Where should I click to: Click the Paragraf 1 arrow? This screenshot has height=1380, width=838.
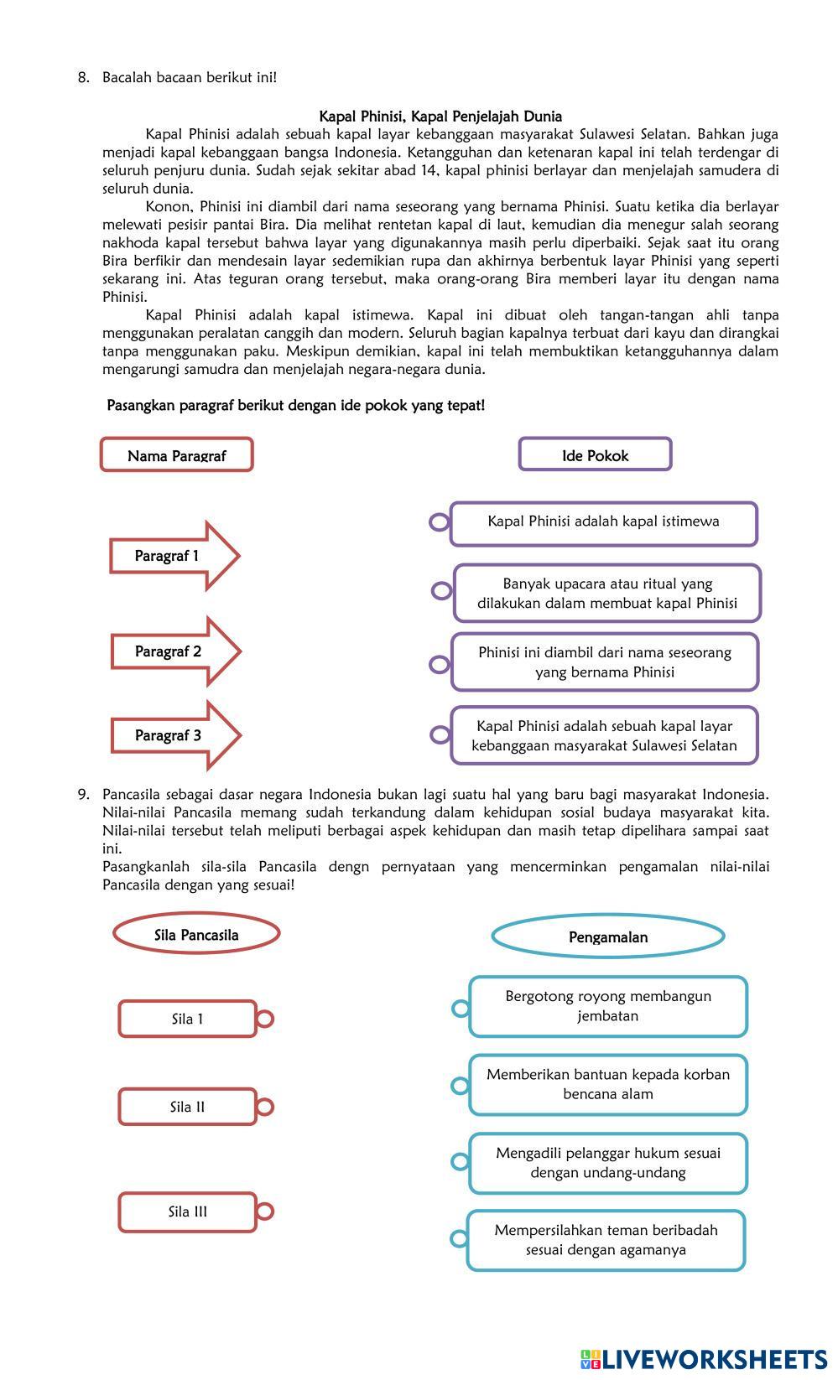pos(174,556)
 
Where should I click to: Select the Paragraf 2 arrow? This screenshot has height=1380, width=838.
pos(174,651)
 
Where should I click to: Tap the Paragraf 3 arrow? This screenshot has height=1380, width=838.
pos(174,735)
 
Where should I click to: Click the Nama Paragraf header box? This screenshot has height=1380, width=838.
pos(177,455)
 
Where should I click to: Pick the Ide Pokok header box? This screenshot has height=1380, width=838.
pos(595,455)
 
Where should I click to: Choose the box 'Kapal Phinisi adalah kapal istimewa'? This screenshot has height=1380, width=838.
pos(603,522)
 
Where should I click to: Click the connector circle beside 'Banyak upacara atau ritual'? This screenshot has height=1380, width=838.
pos(441,591)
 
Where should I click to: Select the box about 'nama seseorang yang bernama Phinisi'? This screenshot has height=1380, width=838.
pos(604,662)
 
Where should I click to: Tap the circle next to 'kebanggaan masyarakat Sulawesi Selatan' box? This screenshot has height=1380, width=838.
pos(440,735)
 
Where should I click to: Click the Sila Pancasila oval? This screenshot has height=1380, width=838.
pos(196,935)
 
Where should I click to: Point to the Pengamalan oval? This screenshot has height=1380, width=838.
pos(608,937)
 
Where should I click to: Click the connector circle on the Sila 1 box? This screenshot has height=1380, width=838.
pos(264,1019)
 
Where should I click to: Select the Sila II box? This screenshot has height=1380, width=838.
pos(187,1107)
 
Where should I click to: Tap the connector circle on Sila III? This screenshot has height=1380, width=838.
pos(264,1211)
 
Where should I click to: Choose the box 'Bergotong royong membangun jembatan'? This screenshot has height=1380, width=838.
pos(608,1006)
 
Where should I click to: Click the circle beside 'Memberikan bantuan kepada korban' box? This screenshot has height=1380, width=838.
pos(460,1086)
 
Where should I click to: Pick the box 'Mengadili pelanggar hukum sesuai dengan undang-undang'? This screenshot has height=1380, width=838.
pos(608,1163)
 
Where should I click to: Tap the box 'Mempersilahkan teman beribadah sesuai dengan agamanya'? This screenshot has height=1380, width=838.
pos(606,1240)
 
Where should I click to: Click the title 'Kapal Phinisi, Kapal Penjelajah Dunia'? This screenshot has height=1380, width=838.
pos(440,117)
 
